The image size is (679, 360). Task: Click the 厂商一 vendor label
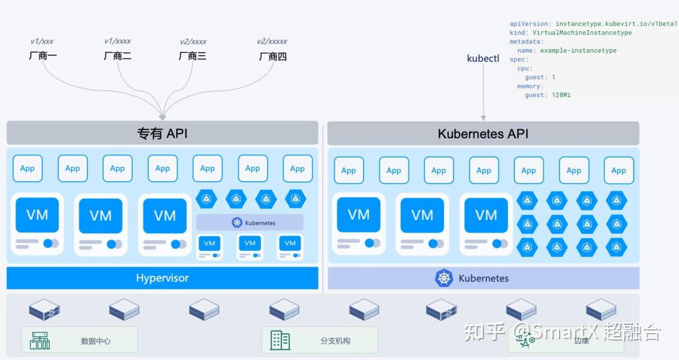pos(43,56)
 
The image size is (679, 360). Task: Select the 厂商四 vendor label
pos(273,57)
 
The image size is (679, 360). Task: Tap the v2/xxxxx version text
pos(272,41)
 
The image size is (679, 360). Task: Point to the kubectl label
pos(483,58)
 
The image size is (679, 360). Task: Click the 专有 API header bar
pos(162,133)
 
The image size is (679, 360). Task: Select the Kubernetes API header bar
pos(483,133)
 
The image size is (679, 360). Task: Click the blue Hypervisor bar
pos(162,278)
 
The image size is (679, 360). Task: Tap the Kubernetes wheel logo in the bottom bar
pos(444,278)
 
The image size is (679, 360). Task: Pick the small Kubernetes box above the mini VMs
pos(250,223)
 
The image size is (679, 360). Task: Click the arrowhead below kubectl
pos(483,118)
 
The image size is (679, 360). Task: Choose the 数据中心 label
pos(96,341)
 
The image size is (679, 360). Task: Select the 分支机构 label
pos(335,341)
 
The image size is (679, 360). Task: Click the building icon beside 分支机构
pos(280,340)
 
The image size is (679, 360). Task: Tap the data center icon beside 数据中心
pos(40,341)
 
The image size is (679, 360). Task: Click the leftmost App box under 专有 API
pos(28,168)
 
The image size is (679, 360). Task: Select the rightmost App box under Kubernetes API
pos(619,170)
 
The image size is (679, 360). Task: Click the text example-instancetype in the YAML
pos(578,51)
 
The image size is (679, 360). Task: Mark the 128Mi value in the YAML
pos(561,95)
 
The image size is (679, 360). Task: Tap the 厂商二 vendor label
pos(118,56)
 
